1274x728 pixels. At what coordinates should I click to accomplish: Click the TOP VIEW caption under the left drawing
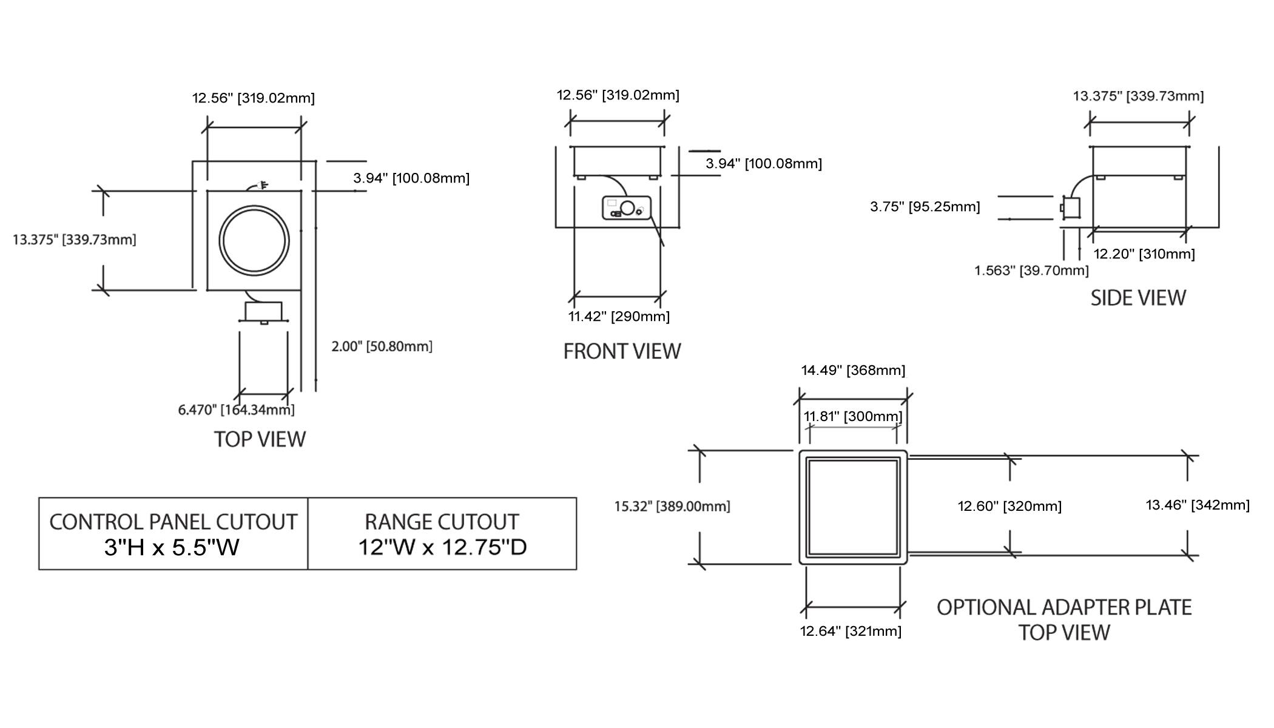click(260, 439)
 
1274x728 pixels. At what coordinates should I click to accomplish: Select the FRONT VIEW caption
click(622, 351)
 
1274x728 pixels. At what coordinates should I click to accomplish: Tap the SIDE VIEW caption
click(1137, 298)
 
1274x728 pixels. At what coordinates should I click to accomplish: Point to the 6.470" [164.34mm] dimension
click(236, 410)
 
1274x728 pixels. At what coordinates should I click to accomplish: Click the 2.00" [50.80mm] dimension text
click(382, 346)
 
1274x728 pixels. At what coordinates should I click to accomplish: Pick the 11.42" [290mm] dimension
click(619, 316)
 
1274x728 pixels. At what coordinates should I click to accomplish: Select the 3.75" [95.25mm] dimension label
click(925, 207)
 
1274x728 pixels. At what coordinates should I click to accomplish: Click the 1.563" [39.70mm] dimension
click(1031, 271)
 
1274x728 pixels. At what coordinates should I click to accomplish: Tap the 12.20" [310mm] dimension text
click(1144, 254)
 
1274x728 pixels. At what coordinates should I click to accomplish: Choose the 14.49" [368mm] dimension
click(853, 370)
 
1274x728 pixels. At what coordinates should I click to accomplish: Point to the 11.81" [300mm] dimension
click(853, 417)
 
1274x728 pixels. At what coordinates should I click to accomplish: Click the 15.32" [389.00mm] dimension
click(672, 506)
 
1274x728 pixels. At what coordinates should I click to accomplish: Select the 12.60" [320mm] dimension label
click(1009, 506)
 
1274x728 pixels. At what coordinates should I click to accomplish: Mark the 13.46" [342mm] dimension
click(1198, 505)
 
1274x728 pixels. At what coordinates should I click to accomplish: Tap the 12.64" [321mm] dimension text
click(851, 632)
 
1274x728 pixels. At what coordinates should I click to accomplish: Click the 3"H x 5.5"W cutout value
click(172, 547)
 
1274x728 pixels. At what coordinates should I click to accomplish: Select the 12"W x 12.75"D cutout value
click(442, 547)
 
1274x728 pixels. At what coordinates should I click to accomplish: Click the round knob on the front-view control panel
click(627, 208)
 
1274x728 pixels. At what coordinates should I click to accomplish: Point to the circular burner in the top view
click(254, 240)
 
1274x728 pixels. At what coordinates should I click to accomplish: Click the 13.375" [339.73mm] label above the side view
click(1138, 96)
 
